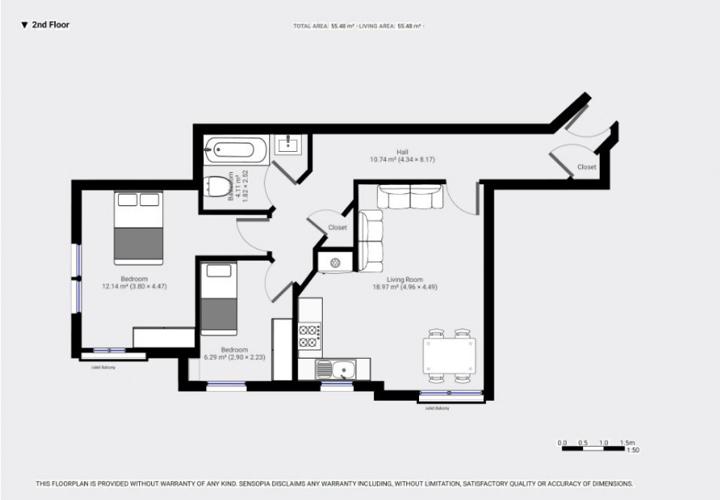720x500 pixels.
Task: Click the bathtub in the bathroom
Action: coord(236,150)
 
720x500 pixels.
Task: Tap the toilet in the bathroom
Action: coord(219,186)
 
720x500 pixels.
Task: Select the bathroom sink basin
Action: coord(290,146)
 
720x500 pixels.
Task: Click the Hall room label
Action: coord(402,152)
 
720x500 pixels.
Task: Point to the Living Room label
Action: coord(404,279)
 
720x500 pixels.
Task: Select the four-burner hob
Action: coord(310,335)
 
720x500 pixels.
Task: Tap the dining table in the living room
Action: coord(449,357)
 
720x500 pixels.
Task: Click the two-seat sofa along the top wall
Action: coord(411,196)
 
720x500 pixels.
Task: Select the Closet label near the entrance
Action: coord(586,167)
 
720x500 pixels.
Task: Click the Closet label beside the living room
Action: coord(337,228)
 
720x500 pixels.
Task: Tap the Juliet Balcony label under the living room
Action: coord(437,408)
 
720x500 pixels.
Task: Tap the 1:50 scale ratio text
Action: coord(633,451)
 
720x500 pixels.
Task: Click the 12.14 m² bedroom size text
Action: coord(134,286)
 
